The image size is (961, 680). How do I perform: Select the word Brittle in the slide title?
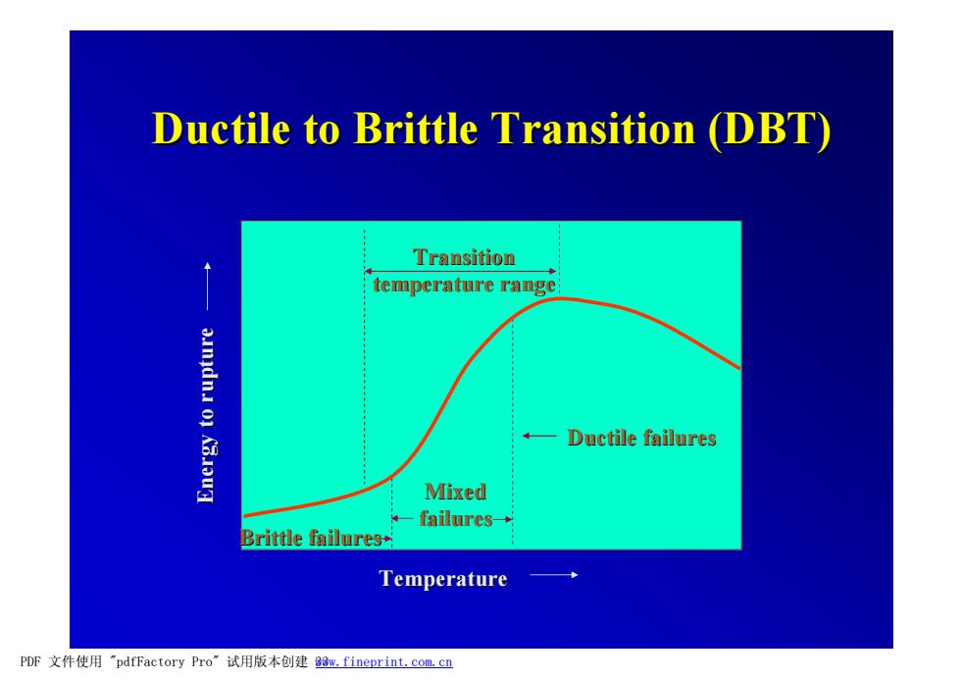416,129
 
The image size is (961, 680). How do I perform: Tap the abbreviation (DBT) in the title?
769,130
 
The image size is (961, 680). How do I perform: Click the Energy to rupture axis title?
206,415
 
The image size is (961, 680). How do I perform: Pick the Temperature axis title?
443,578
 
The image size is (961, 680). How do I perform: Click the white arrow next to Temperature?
554,575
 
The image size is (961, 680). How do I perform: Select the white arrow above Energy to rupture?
208,286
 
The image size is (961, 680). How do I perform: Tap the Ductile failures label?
641,438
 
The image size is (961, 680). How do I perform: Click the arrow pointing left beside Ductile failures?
539,436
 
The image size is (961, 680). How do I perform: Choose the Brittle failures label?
312,538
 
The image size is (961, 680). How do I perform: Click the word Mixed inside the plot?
455,492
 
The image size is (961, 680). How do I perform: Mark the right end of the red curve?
740,368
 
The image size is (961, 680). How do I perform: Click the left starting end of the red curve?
244,516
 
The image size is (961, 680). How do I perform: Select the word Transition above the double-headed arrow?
464,257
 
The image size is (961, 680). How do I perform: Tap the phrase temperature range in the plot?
464,286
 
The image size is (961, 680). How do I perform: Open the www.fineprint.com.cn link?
384,662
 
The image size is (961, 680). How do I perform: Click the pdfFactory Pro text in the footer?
164,661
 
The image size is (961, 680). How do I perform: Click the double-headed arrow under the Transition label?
460,271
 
